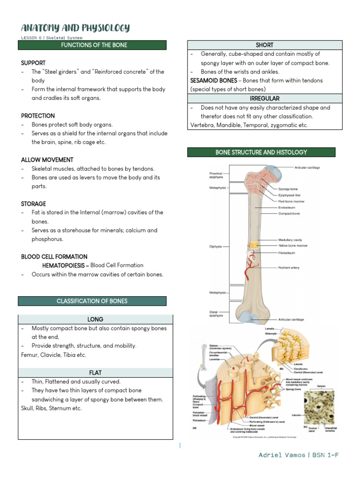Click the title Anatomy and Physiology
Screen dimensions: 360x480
point(75,28)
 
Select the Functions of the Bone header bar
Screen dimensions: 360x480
point(92,45)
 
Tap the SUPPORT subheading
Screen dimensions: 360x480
point(33,63)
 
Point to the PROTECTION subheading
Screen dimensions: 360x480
point(38,116)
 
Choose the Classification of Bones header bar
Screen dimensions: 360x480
point(92,301)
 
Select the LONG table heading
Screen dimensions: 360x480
point(96,319)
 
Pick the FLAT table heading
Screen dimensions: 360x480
point(96,373)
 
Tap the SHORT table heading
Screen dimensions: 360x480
point(265,45)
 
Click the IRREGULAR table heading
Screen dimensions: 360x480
point(265,98)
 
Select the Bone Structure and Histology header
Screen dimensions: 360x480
point(261,152)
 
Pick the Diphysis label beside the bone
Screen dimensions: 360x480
point(216,246)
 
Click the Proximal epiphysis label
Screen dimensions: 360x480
point(216,175)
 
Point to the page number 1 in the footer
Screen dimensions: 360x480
point(180,446)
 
